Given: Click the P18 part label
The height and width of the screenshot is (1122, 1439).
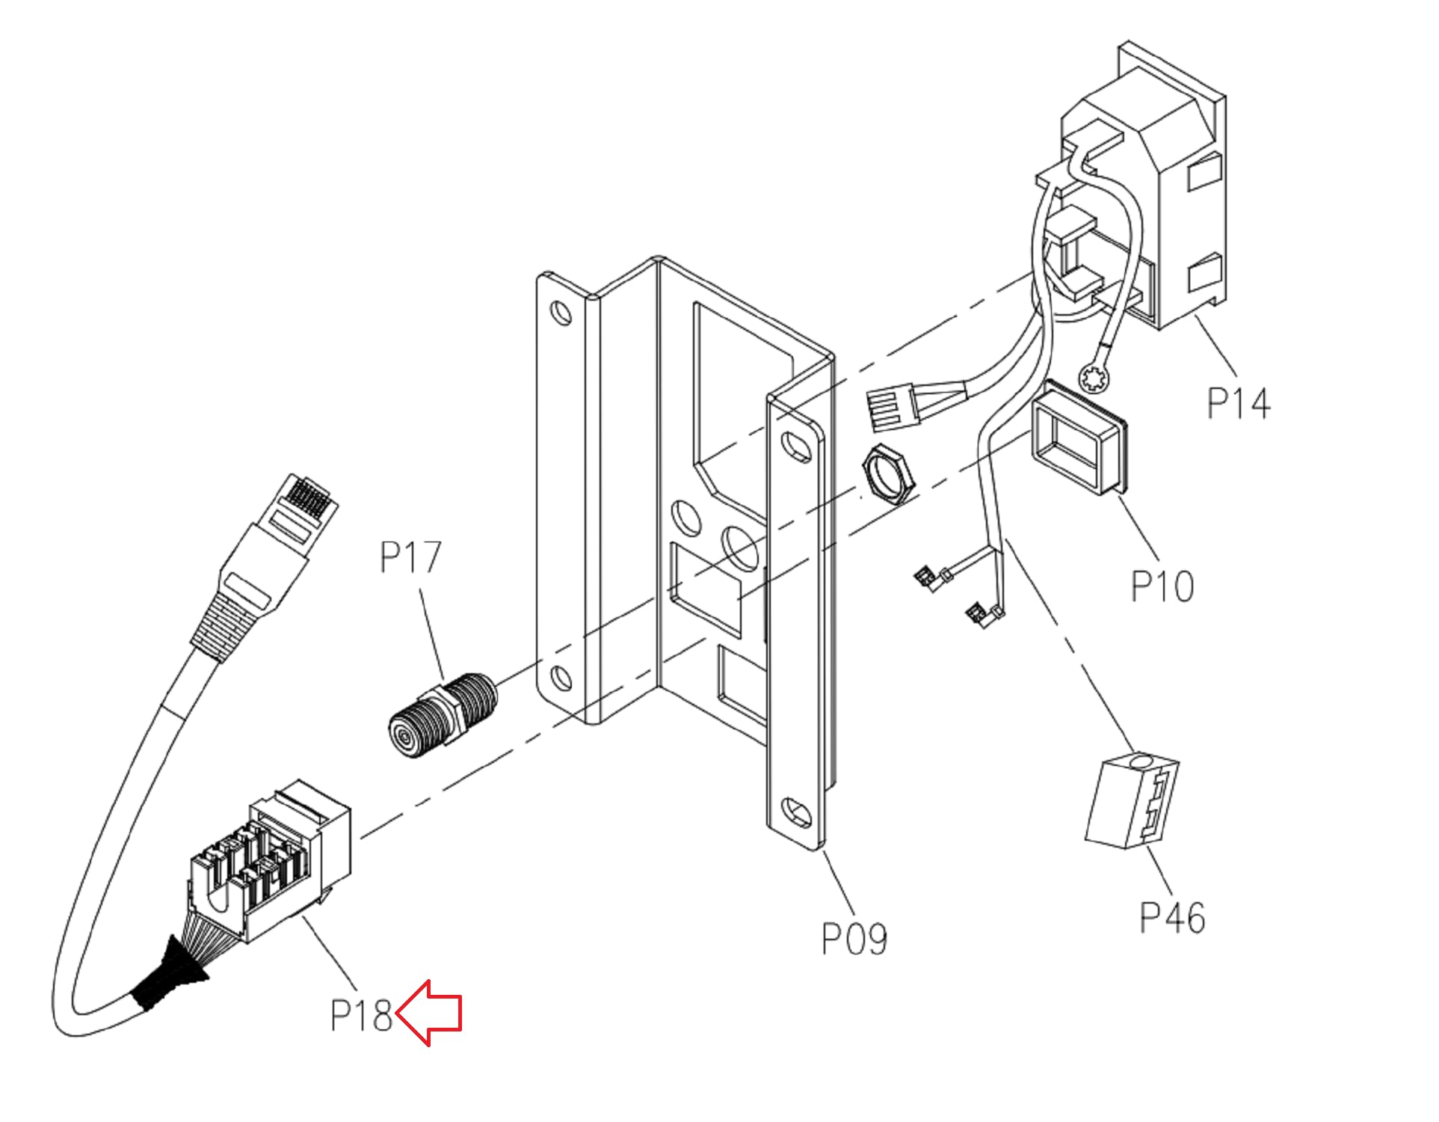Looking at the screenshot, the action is click(x=361, y=1015).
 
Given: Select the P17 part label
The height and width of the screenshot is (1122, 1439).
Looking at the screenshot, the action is click(x=410, y=558).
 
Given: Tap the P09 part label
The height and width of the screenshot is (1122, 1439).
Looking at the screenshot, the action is click(x=854, y=939).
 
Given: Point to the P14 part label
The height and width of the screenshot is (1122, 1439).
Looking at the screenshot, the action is click(x=1239, y=402).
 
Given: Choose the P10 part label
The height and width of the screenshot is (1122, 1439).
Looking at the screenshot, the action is click(x=1162, y=586).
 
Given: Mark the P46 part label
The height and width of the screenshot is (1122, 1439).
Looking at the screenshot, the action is click(x=1172, y=918).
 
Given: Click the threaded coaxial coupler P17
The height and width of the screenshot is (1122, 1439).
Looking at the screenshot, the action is click(x=442, y=715).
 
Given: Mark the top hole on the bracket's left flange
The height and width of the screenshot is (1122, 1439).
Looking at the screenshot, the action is click(x=560, y=310).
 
